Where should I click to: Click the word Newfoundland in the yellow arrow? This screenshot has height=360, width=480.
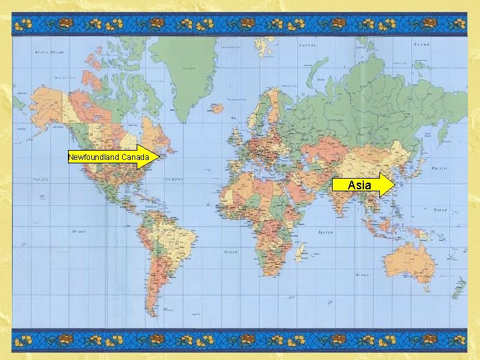[93, 157]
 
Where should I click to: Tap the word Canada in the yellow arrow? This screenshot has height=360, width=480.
[135, 157]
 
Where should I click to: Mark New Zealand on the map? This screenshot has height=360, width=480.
[459, 288]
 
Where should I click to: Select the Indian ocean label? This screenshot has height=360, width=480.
[325, 232]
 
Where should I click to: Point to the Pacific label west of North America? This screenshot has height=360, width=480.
[41, 180]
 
